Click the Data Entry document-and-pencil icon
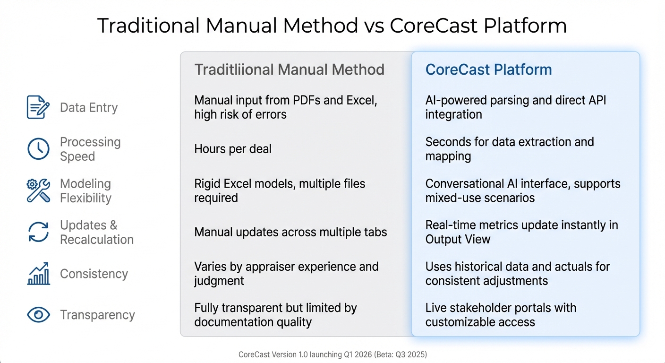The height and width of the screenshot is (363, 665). [x=38, y=107]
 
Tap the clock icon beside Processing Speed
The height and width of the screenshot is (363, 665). [x=38, y=149]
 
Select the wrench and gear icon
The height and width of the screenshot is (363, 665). [x=38, y=190]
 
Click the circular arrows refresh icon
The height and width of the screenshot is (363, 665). [x=38, y=232]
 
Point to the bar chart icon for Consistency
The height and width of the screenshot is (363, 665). [x=38, y=274]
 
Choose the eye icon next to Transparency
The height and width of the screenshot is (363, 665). [x=38, y=315]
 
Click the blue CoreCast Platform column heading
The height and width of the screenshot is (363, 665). [x=488, y=69]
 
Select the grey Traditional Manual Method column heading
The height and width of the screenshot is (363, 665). [x=289, y=69]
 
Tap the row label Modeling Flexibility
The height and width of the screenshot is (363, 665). [x=85, y=191]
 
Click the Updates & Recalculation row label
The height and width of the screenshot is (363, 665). [x=96, y=232]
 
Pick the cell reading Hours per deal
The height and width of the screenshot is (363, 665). [x=233, y=149]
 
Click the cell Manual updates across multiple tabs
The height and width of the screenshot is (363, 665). [x=290, y=232]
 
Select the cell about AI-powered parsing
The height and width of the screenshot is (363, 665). [x=515, y=107]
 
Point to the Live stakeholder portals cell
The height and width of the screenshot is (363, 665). [x=501, y=315]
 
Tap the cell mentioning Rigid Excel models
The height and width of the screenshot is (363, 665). [x=280, y=190]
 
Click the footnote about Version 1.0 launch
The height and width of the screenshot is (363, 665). [x=332, y=354]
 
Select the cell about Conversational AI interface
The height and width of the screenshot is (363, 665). [x=522, y=190]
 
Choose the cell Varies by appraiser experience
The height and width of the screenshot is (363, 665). [x=286, y=274]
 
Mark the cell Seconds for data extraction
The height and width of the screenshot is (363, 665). [x=509, y=149]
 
